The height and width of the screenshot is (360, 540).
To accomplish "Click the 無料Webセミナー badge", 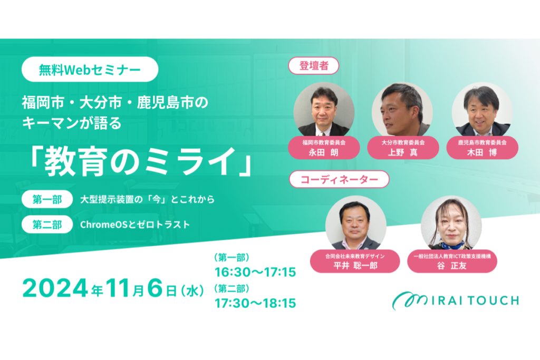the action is point(90,69).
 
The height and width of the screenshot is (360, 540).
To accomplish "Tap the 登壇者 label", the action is point(313,66).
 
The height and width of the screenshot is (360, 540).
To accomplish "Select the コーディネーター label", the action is point(339,179).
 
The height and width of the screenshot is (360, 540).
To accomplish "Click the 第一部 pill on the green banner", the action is point(47,199).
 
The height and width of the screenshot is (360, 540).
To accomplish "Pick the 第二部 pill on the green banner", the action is point(47,225).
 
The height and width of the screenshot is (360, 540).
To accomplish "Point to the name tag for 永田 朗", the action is point(324,148).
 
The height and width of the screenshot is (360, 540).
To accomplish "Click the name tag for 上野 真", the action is point(403,148).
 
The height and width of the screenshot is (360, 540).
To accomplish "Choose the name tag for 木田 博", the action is point(482,148).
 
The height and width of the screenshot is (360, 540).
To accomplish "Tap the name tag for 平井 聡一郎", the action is point(355,261).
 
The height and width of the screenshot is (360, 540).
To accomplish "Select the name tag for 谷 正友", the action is point(452,261).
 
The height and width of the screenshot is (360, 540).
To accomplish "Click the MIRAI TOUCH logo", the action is point(455,300).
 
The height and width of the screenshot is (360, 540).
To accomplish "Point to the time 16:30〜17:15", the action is point(255,272).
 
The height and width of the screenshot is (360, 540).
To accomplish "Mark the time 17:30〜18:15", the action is point(255,303).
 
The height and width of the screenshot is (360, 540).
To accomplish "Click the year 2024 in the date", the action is point(55,288).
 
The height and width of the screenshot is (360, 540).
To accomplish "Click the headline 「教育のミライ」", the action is point(141,161).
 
